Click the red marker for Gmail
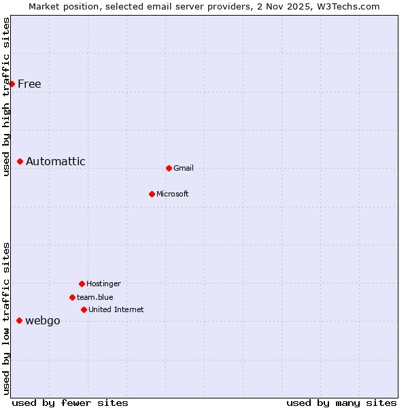[169, 168]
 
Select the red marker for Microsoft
[152, 194]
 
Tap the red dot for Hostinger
[82, 284]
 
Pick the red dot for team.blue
[72, 297]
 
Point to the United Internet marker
[84, 309]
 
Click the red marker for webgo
[19, 320]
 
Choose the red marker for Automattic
[20, 161]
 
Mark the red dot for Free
[12, 84]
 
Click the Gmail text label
[184, 168]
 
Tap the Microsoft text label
[173, 194]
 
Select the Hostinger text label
[103, 284]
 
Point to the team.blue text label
[95, 297]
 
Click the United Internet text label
[116, 309]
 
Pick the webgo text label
[43, 321]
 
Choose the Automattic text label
[56, 161]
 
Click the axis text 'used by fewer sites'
[70, 403]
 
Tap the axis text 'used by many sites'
[341, 403]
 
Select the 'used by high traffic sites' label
[6, 97]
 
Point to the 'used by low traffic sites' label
[6, 318]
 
